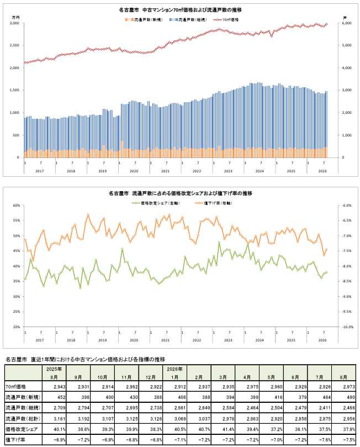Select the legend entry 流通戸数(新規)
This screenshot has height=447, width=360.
[144, 20]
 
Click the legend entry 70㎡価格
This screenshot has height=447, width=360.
[227, 20]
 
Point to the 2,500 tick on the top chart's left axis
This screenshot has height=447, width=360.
[14, 45]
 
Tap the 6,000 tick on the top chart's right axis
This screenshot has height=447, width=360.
[347, 23]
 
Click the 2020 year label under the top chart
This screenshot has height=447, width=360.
[134, 171]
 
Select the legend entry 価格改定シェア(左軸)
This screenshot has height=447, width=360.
[156, 203]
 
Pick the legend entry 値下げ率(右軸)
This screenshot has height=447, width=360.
[214, 203]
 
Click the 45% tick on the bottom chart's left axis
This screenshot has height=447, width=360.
[17, 251]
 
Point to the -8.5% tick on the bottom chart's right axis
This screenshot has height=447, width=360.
[347, 281]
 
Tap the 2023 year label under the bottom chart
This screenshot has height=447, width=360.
[228, 340]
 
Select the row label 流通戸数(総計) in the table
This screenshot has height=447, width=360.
[23, 419]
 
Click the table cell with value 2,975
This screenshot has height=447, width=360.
[253, 387]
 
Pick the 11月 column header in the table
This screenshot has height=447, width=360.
[126, 377]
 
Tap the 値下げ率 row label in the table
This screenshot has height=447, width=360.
[15, 440]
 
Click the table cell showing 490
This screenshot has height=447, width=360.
[351, 397]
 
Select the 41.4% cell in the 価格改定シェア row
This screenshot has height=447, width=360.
[229, 429]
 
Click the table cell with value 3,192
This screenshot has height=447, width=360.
[83, 419]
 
